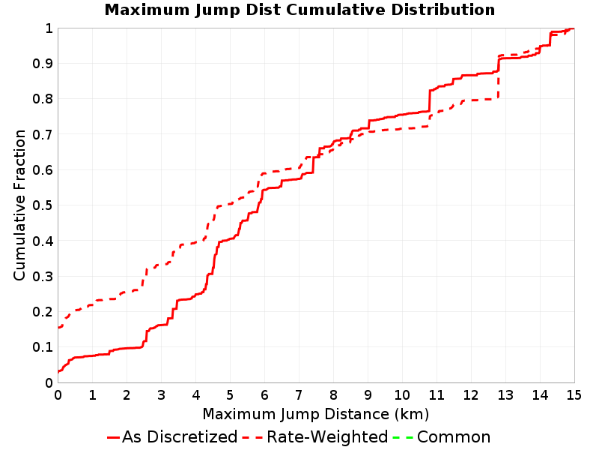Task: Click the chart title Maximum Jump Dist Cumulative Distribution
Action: click(x=299, y=10)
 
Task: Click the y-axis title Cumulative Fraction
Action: click(x=20, y=205)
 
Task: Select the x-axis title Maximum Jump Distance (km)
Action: click(x=315, y=414)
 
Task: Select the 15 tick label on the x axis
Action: click(x=574, y=394)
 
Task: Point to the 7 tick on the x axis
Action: click(x=299, y=394)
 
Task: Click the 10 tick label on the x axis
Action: click(x=402, y=394)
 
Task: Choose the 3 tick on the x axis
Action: click(x=161, y=394)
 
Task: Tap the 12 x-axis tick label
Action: click(x=471, y=394)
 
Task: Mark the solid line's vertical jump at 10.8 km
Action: click(x=430, y=101)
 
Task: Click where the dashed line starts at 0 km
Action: click(x=58, y=327)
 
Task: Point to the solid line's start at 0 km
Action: click(x=58, y=371)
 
